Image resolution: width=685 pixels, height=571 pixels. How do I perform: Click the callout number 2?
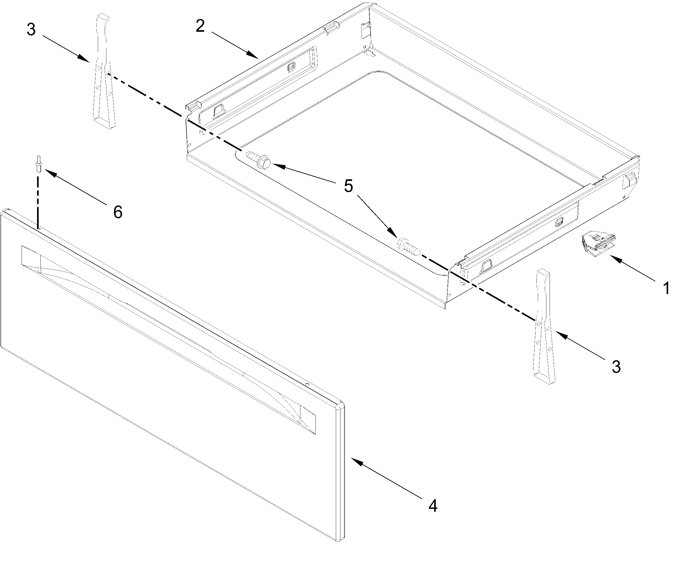200,26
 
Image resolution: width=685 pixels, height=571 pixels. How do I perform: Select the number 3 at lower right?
616,367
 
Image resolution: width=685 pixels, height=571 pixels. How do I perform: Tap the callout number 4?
433,506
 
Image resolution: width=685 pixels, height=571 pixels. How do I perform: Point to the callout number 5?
348,186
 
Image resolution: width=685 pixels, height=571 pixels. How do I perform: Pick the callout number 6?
118,212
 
